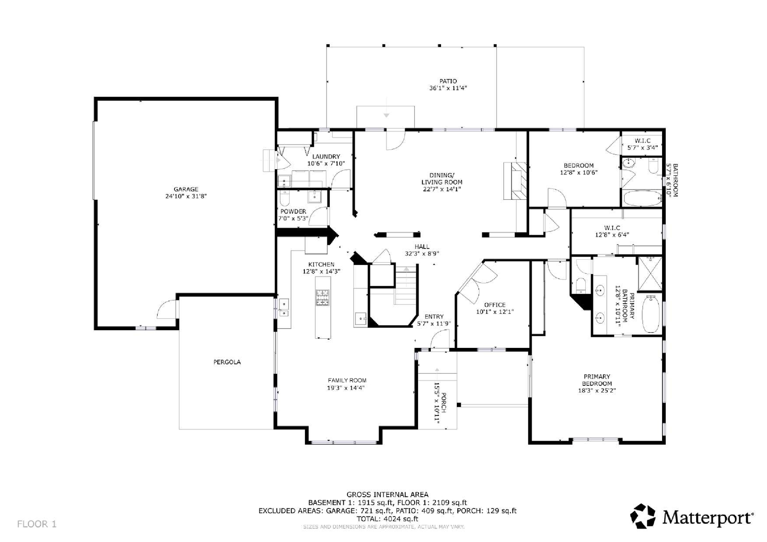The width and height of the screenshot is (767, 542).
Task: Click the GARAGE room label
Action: (x=186, y=189)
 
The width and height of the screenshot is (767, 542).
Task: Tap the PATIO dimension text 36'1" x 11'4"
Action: (x=448, y=88)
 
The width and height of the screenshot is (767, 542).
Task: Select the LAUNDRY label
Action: (x=326, y=157)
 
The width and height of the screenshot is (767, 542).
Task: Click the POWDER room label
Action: (x=293, y=211)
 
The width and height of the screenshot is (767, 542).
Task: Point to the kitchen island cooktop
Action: (x=322, y=297)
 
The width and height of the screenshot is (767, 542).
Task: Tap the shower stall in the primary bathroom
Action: (x=650, y=274)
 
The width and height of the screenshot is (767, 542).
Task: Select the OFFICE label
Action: (x=495, y=305)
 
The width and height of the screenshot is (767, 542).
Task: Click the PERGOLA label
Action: (x=227, y=362)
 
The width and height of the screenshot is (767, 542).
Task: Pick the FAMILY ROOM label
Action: (x=347, y=380)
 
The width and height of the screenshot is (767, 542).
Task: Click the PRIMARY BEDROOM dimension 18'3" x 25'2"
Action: (x=597, y=390)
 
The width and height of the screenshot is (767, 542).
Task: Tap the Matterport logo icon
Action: (x=643, y=516)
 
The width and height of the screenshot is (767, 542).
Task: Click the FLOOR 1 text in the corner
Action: (x=36, y=524)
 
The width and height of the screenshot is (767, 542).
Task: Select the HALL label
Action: (x=422, y=246)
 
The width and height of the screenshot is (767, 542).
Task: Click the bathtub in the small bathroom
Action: (x=642, y=198)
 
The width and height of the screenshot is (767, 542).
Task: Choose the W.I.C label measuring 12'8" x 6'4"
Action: (x=612, y=228)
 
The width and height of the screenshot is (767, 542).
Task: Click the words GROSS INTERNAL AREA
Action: (x=387, y=495)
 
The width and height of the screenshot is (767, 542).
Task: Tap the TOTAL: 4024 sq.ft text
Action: (x=387, y=519)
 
